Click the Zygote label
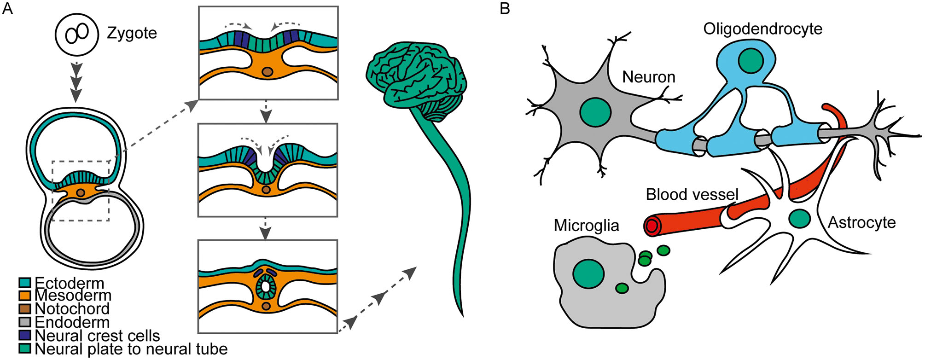[x=132, y=33]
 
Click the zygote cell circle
[x=77, y=33]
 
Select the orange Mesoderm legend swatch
[x=24, y=295]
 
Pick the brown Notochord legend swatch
[x=24, y=308]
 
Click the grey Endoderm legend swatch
[x=24, y=322]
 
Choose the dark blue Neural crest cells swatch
[x=24, y=335]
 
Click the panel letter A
[x=7, y=9]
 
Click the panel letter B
[x=505, y=9]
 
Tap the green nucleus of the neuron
[x=595, y=113]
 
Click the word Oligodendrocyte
[x=762, y=29]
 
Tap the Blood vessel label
[x=692, y=194]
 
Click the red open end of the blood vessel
[x=652, y=226]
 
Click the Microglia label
[x=586, y=226]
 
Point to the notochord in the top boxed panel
[x=267, y=72]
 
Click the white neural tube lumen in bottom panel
[x=265, y=286]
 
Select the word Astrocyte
[x=861, y=223]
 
